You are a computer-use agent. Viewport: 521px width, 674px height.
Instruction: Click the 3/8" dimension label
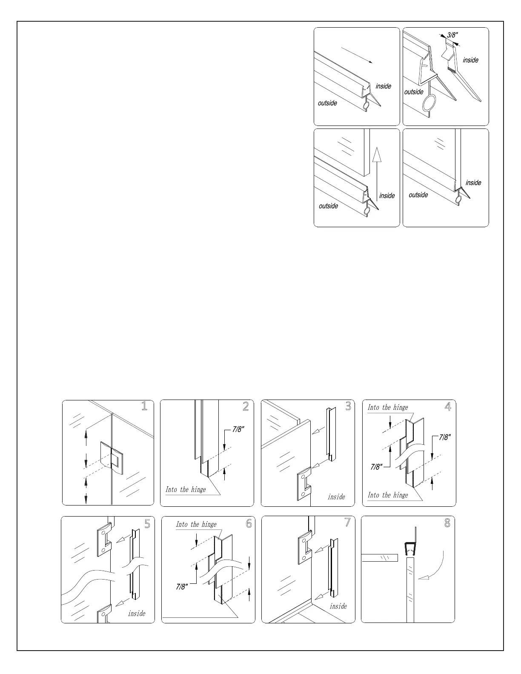pyautogui.click(x=452, y=35)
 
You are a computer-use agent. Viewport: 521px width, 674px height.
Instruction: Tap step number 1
pyautogui.click(x=144, y=406)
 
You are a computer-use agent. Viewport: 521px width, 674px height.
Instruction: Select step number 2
pyautogui.click(x=246, y=406)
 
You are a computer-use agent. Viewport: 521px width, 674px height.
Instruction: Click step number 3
pyautogui.click(x=348, y=406)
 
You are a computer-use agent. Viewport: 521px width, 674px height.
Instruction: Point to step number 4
pyautogui.click(x=448, y=407)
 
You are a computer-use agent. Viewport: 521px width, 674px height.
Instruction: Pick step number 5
pyautogui.click(x=147, y=524)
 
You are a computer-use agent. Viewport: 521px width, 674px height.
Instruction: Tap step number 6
pyautogui.click(x=249, y=524)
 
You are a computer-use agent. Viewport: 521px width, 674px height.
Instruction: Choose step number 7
pyautogui.click(x=348, y=523)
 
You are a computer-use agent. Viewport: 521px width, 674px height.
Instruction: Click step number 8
pyautogui.click(x=447, y=523)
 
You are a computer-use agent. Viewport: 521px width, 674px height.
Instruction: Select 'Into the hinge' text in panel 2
pyautogui.click(x=186, y=490)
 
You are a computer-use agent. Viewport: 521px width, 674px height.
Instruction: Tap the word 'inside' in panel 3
pyautogui.click(x=336, y=497)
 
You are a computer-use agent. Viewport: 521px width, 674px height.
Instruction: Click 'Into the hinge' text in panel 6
pyautogui.click(x=196, y=525)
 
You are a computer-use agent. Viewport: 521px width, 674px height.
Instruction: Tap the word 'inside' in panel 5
pyautogui.click(x=137, y=614)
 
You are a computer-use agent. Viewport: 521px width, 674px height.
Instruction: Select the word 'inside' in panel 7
pyautogui.click(x=338, y=606)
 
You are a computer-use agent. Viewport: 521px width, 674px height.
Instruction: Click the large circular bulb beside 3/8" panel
pyautogui.click(x=429, y=103)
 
